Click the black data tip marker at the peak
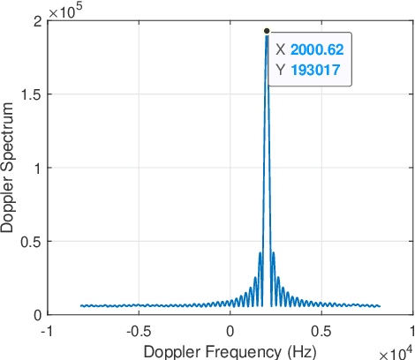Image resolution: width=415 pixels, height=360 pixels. pyautogui.click(x=267, y=31)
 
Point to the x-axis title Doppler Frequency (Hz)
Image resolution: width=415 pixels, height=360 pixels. pyautogui.click(x=230, y=350)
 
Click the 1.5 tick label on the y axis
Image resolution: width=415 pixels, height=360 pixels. pyautogui.click(x=33, y=94)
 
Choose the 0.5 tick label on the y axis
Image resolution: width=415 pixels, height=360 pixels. pyautogui.click(x=33, y=241)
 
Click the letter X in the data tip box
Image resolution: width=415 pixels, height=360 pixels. pyautogui.click(x=280, y=51)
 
